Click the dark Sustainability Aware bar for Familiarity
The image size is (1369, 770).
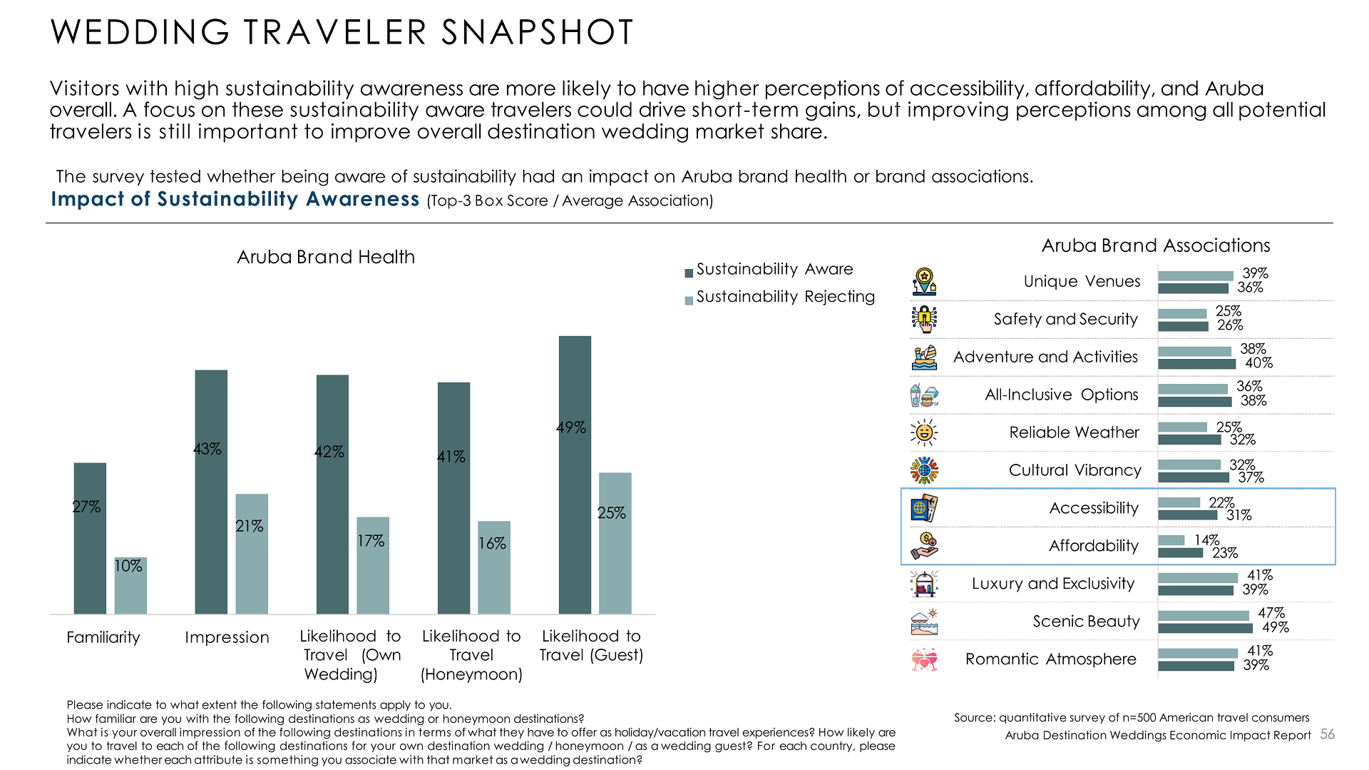click(90, 539)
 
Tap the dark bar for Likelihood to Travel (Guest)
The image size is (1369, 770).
click(575, 475)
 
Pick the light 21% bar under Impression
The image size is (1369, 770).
click(252, 553)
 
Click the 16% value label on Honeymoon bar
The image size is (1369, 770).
click(492, 544)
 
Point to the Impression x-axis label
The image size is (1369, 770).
click(227, 637)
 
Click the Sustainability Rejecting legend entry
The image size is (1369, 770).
click(785, 297)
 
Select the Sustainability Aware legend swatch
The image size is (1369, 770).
click(689, 273)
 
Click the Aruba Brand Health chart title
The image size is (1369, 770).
click(326, 257)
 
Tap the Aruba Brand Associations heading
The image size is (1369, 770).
click(1156, 245)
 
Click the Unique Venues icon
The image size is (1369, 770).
click(924, 282)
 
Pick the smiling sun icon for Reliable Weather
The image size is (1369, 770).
click(924, 432)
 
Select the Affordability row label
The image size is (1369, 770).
click(1093, 546)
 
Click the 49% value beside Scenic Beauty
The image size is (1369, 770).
click(1276, 628)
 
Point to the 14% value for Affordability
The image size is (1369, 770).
click(1207, 540)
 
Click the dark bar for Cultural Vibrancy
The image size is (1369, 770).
click(1193, 477)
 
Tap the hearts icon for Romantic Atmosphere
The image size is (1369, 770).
click(924, 659)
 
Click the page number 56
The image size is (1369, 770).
click(1327, 734)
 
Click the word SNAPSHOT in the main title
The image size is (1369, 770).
click(537, 32)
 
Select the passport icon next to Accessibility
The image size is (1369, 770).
click(924, 508)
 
